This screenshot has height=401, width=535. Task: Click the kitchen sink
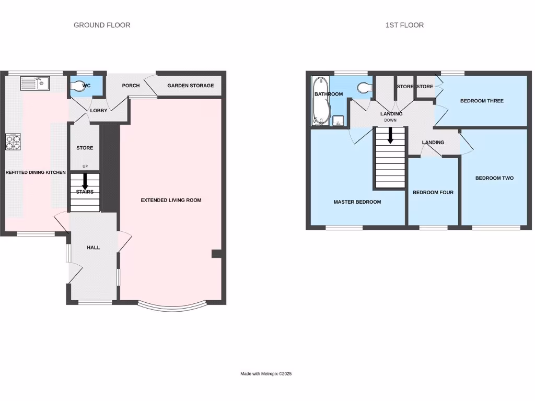(x=35, y=82)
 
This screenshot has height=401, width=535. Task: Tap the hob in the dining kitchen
(x=13, y=142)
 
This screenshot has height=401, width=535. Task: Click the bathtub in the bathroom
(x=320, y=102)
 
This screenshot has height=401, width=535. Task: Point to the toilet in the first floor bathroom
(x=364, y=88)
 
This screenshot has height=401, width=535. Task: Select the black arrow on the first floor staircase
(x=390, y=137)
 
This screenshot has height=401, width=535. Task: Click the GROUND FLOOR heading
(x=102, y=25)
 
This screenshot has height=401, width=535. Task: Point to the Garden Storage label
(x=190, y=86)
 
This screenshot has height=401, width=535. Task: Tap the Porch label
(x=131, y=86)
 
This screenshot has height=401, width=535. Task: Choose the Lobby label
(x=99, y=111)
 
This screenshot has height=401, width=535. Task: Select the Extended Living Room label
(x=171, y=200)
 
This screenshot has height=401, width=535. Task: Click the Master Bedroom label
(x=357, y=202)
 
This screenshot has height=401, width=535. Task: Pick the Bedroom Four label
(x=433, y=193)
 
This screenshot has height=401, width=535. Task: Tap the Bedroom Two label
(x=494, y=178)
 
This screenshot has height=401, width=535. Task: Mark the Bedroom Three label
(x=482, y=101)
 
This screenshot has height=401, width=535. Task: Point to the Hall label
(x=94, y=247)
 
